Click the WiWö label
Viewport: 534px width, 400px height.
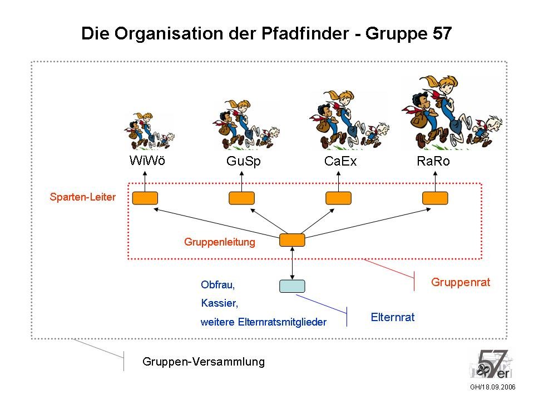(147, 161)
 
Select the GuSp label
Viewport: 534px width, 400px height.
(244, 161)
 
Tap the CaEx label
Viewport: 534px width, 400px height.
(340, 161)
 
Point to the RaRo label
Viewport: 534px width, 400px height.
(433, 161)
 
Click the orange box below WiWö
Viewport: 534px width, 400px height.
(145, 198)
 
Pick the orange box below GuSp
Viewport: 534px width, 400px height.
(242, 198)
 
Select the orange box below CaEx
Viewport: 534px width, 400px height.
(339, 198)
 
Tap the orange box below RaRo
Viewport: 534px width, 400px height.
(435, 198)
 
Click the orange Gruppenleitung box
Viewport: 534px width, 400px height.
(292, 240)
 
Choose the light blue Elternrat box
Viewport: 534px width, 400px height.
(292, 286)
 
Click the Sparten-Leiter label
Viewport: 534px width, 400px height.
(83, 197)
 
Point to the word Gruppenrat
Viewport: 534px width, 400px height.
(461, 282)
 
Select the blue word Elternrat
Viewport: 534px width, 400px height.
(393, 317)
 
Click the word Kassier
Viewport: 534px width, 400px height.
(220, 303)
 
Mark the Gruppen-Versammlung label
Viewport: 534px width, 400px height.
(204, 362)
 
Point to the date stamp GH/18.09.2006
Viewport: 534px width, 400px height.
(493, 387)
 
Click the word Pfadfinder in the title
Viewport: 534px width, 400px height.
(305, 33)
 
